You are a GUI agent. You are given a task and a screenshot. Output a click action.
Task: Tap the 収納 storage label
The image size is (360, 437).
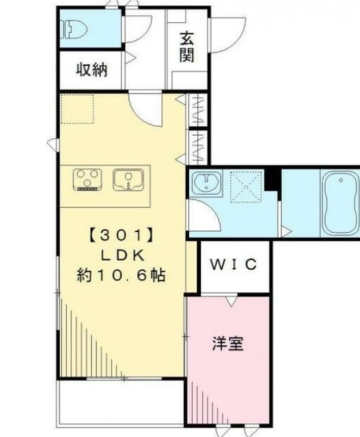[91, 70]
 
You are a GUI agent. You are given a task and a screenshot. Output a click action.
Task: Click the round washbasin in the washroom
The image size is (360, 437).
[203, 182]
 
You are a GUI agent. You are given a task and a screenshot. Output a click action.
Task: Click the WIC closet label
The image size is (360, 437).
[234, 264]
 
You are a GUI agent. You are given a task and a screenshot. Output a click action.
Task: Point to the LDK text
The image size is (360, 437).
[121, 255]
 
